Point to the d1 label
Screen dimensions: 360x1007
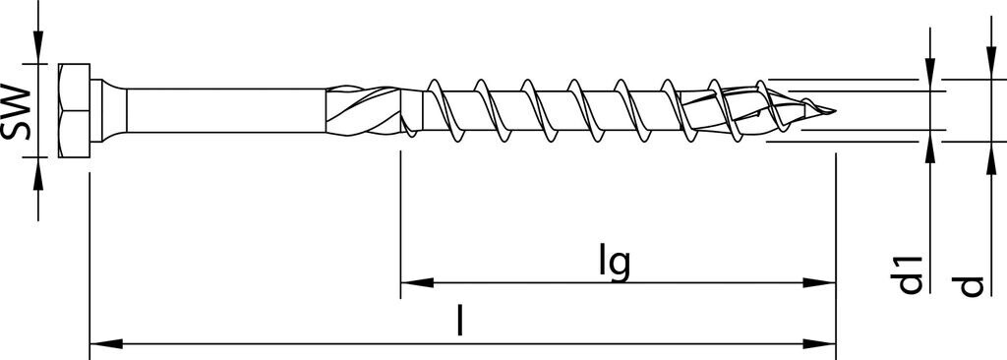click(x=912, y=274)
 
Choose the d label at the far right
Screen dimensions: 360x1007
click(x=972, y=284)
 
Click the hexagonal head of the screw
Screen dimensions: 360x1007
click(x=75, y=111)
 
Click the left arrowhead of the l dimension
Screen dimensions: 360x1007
click(x=104, y=344)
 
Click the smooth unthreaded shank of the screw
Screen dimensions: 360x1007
click(x=226, y=111)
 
